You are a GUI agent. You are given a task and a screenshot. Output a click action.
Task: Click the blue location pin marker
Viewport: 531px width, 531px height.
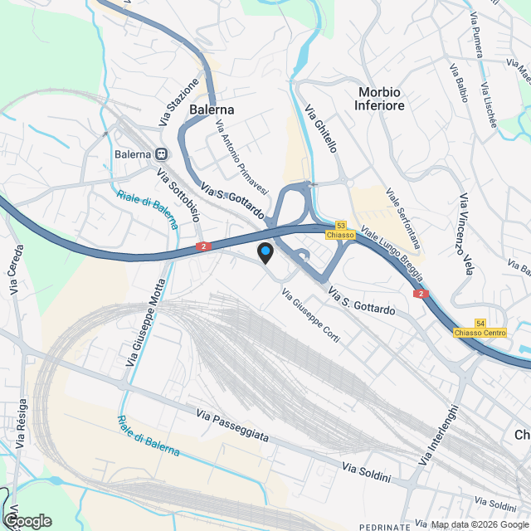coord(265,253)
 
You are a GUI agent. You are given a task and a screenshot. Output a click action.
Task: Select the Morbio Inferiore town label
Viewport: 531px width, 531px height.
coord(381,99)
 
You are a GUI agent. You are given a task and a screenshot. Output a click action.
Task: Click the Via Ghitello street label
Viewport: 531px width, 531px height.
coord(321,130)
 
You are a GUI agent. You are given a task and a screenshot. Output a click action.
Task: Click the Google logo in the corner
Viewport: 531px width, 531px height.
coord(27,520)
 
